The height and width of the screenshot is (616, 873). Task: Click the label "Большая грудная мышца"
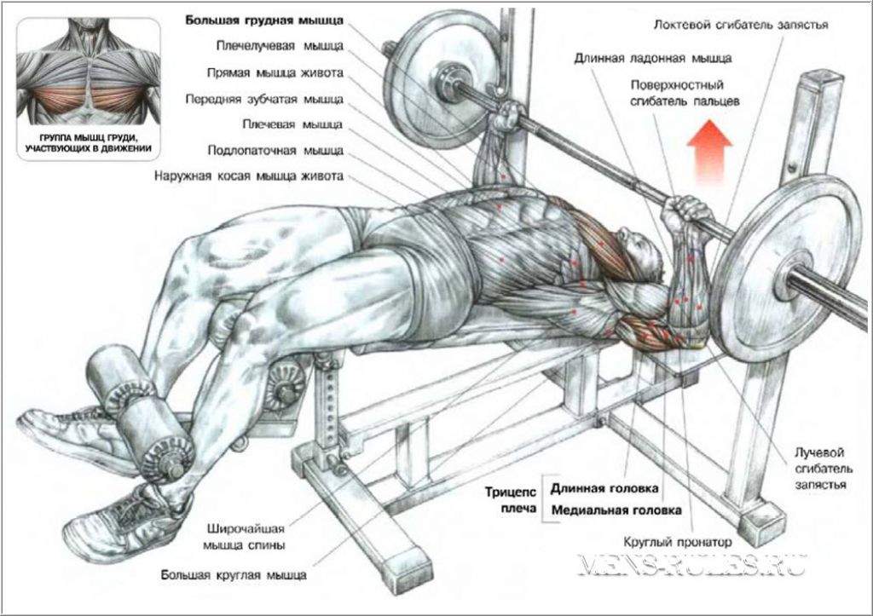coord(264,20)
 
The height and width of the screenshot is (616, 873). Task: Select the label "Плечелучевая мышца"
coord(280,46)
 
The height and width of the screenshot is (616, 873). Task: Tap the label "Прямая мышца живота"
coord(275,73)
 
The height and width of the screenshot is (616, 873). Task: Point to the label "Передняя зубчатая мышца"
coord(264,100)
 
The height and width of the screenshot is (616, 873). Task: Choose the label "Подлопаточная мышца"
coord(275,150)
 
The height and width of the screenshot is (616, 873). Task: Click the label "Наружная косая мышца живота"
coord(249,176)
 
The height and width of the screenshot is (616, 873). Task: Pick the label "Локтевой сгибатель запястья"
coord(741,25)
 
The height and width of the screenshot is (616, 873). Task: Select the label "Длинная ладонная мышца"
coord(653,58)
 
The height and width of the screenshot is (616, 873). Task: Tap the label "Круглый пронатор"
coord(678,541)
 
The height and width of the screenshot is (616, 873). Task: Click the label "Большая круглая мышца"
coord(234,575)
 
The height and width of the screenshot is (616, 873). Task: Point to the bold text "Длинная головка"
coord(604,488)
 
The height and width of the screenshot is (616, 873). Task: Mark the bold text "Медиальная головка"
coord(616,510)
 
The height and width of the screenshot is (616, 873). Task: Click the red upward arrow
coord(709,151)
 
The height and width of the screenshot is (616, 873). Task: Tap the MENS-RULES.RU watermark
coord(692,564)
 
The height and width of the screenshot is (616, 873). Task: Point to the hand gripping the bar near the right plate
coord(689,213)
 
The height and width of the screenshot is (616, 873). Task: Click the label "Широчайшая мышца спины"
coord(244,537)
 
